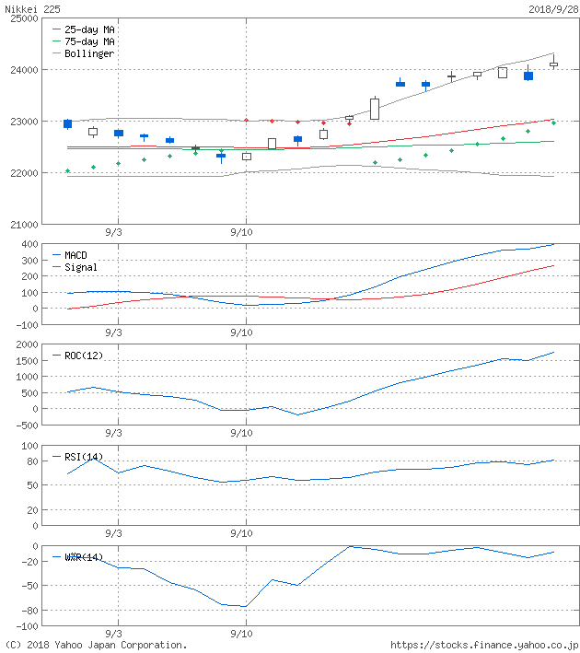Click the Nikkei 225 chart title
30,7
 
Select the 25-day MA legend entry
89,29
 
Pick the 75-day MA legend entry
89,41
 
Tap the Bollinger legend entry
89,53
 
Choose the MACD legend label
77,255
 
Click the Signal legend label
80,267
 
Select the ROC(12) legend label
83,355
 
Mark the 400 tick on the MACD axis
29,244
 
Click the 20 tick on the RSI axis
31,509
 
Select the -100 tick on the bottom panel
25,626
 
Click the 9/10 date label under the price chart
241,232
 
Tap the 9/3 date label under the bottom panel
113,634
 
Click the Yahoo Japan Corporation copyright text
96,646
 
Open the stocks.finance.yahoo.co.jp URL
484,646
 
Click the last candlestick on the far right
553,64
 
